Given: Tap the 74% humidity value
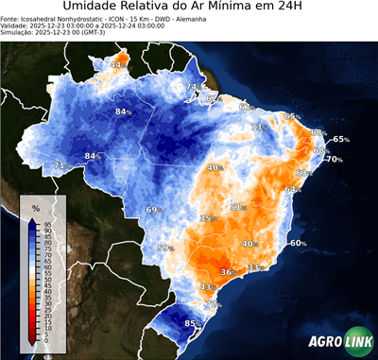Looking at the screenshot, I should tap(193, 88).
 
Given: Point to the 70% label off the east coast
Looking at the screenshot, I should tap(335, 159).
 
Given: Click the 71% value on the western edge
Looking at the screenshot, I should tap(60, 165).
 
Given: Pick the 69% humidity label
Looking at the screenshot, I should tap(154, 210).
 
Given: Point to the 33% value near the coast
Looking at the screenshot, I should tap(254, 268).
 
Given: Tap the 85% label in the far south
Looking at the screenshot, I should tap(192, 324).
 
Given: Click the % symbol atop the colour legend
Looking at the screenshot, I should tap(35, 207).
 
